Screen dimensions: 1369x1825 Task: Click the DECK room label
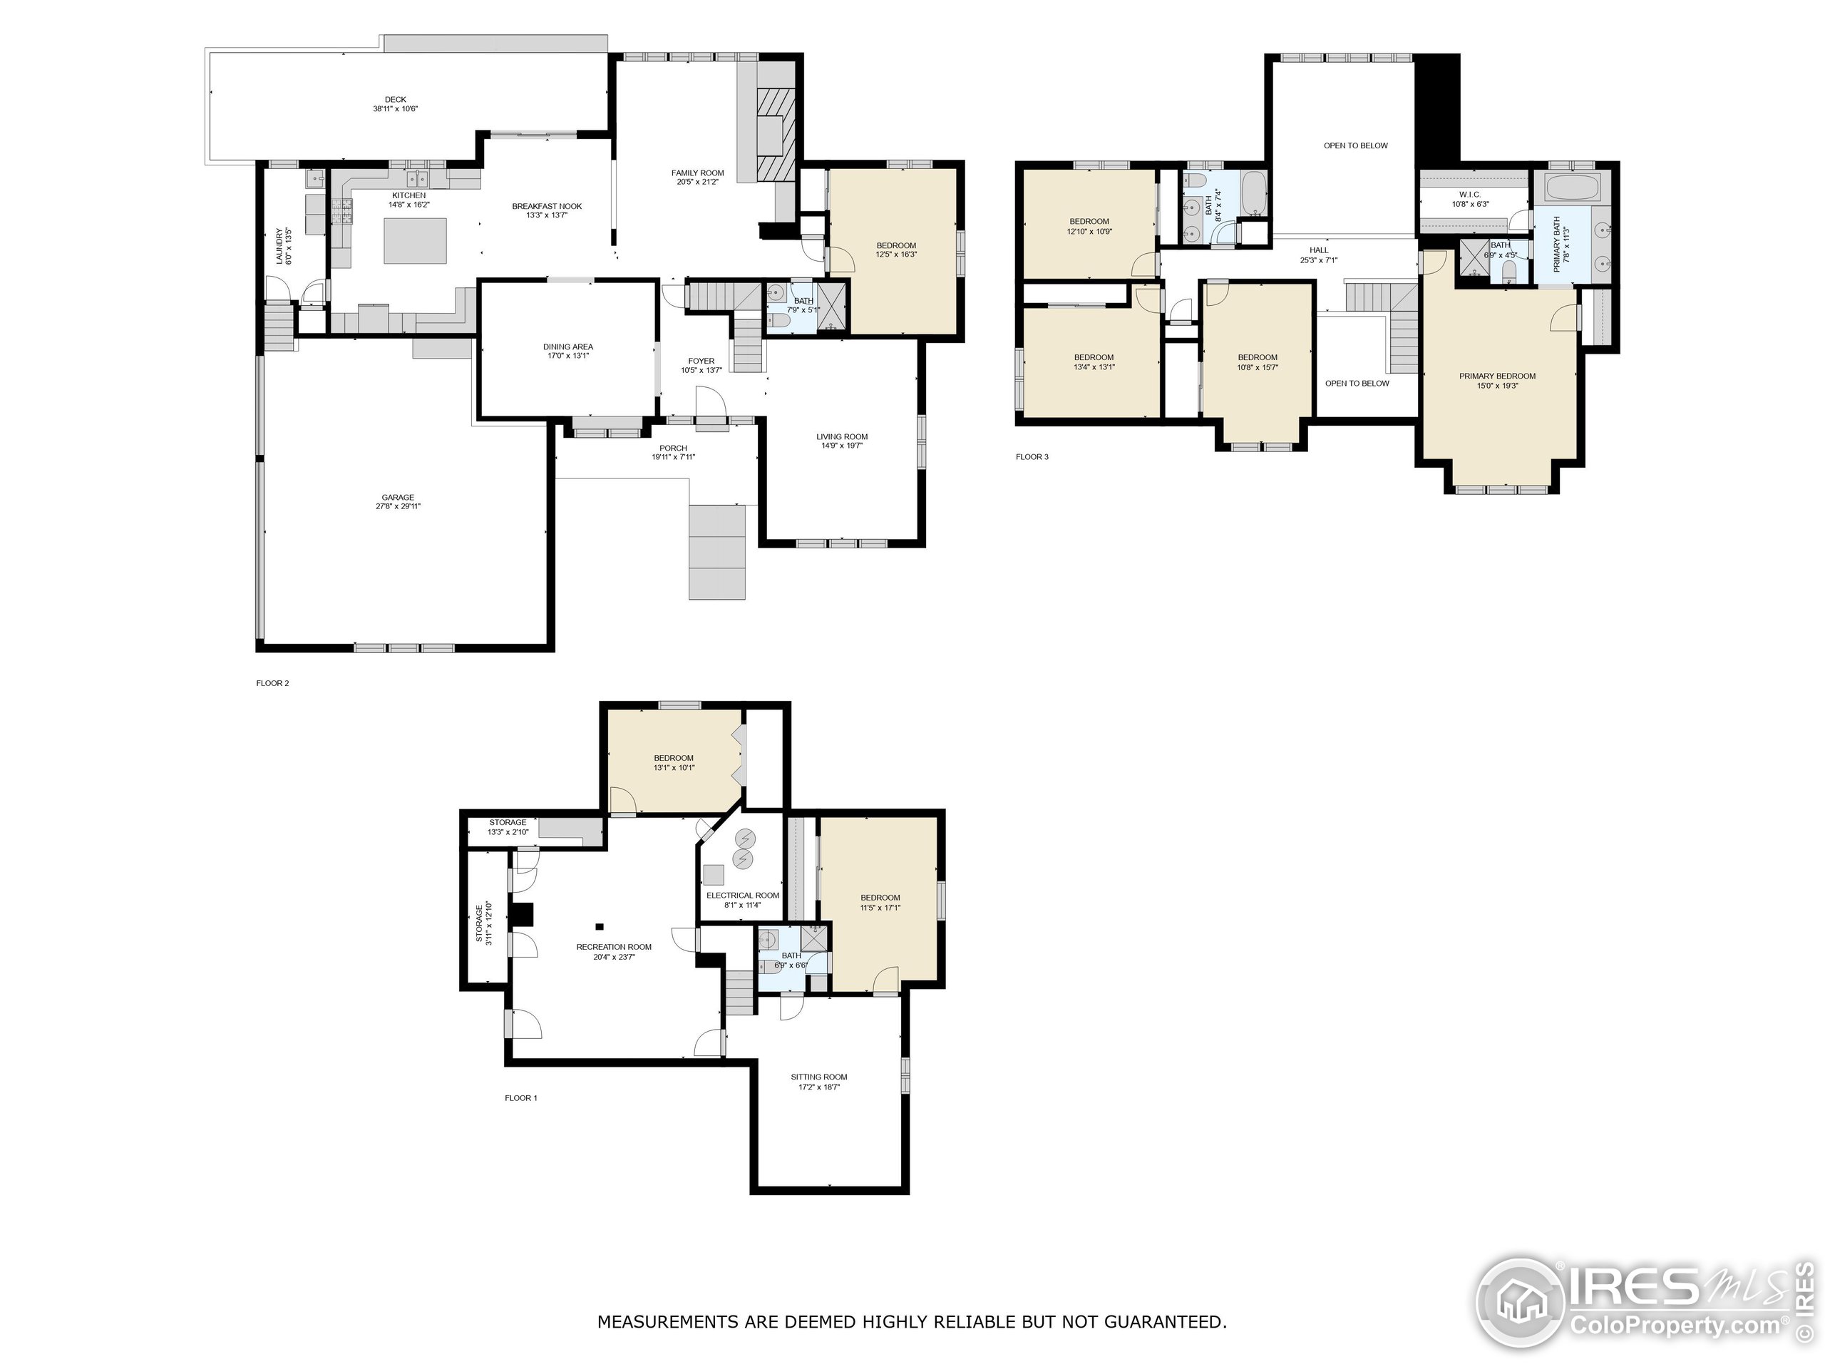(395, 100)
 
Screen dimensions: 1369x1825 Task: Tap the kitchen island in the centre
(416, 240)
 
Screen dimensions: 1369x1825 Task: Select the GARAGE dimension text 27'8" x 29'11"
(398, 507)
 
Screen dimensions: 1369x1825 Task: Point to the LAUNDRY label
(279, 246)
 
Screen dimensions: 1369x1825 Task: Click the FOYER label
(701, 361)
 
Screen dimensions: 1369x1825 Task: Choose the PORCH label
(673, 448)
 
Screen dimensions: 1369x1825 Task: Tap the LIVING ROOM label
(841, 436)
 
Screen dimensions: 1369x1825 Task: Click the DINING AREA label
(567, 347)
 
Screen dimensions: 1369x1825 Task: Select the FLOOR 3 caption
(1032, 456)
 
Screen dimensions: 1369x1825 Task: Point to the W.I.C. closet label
(1469, 195)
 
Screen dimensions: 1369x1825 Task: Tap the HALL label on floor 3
(1318, 250)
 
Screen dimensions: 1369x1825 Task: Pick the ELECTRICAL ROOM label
(743, 896)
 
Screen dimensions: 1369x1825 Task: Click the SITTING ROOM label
(818, 1077)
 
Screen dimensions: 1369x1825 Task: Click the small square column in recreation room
(600, 927)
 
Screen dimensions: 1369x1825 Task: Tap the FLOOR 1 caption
(520, 1097)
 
